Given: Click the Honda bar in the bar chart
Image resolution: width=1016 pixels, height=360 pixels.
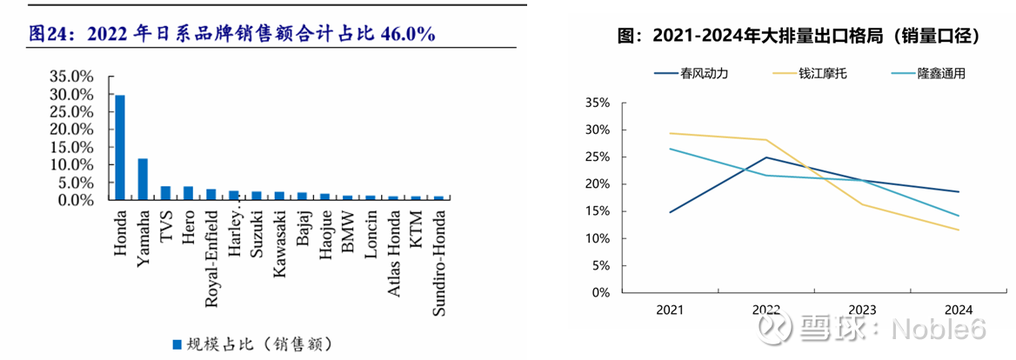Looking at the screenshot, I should (120, 148).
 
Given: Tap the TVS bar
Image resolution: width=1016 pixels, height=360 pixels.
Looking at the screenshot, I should (165, 193).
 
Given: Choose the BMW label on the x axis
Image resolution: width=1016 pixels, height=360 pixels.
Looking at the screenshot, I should (347, 230).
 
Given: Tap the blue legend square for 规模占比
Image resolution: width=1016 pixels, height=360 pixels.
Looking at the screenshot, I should (177, 343).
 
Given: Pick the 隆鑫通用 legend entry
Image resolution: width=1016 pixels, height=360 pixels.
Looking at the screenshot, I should (941, 73).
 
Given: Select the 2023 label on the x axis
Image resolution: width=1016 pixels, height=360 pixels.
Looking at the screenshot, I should (861, 310).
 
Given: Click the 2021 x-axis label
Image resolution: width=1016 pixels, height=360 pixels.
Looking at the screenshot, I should (670, 310).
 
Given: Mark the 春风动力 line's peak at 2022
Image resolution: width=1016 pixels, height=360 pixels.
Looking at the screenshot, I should (765, 157).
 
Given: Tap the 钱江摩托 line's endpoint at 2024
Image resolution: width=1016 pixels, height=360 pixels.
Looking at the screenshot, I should (958, 230).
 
